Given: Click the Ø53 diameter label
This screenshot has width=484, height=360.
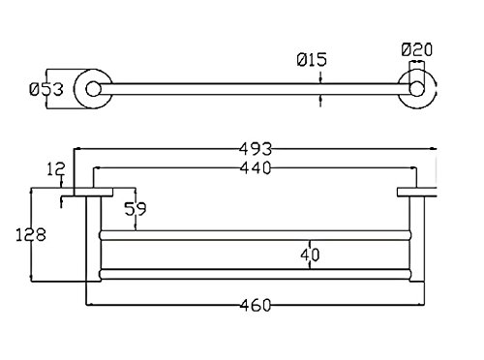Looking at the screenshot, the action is click(x=46, y=89).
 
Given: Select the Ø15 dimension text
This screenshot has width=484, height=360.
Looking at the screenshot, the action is click(x=312, y=60).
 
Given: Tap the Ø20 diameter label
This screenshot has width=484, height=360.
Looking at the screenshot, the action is click(x=417, y=49).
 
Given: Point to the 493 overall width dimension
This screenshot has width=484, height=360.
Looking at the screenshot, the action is click(x=256, y=149).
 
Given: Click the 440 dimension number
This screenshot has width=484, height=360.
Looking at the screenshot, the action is click(x=256, y=167).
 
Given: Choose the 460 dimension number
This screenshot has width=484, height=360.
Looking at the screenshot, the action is click(x=256, y=305).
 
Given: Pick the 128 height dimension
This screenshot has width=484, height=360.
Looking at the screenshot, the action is click(x=31, y=234).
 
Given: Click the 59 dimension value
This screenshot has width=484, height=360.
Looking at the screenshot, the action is click(x=136, y=209).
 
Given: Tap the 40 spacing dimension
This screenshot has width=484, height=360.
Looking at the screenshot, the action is click(x=310, y=255).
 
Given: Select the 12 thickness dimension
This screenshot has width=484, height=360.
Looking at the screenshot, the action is click(x=56, y=169).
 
